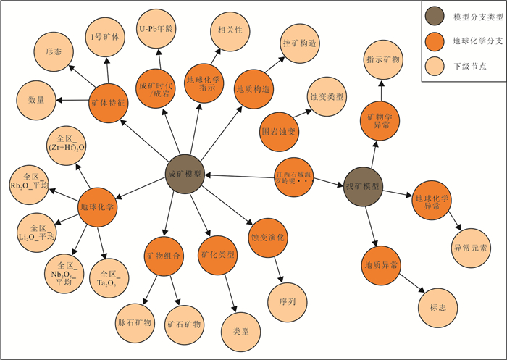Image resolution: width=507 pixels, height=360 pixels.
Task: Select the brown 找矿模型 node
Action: coord(362,186)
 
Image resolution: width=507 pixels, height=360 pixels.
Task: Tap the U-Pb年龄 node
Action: coord(157,29)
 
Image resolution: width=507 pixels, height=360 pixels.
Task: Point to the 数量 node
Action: coord(36,98)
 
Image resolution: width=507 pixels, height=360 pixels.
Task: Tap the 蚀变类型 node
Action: coord(326,96)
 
